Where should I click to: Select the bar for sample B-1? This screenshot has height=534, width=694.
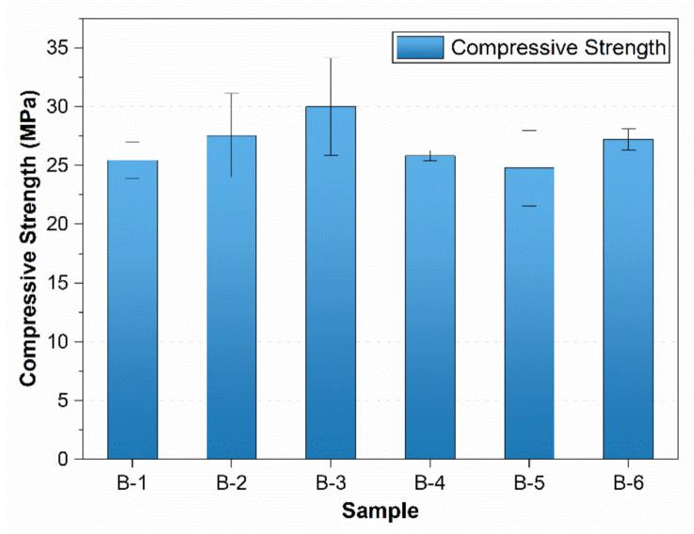click(133, 310)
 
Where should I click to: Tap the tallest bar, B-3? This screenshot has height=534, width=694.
click(331, 283)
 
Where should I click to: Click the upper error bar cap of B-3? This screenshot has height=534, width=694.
click(331, 58)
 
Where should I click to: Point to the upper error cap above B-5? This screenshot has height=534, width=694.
click(528, 131)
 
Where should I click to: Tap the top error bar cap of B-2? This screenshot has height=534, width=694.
click(232, 93)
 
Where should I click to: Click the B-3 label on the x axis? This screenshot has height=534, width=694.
click(331, 484)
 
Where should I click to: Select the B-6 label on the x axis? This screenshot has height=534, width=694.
click(627, 484)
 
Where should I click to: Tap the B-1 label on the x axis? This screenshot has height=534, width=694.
click(133, 484)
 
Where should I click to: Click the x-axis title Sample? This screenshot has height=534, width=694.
click(379, 511)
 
